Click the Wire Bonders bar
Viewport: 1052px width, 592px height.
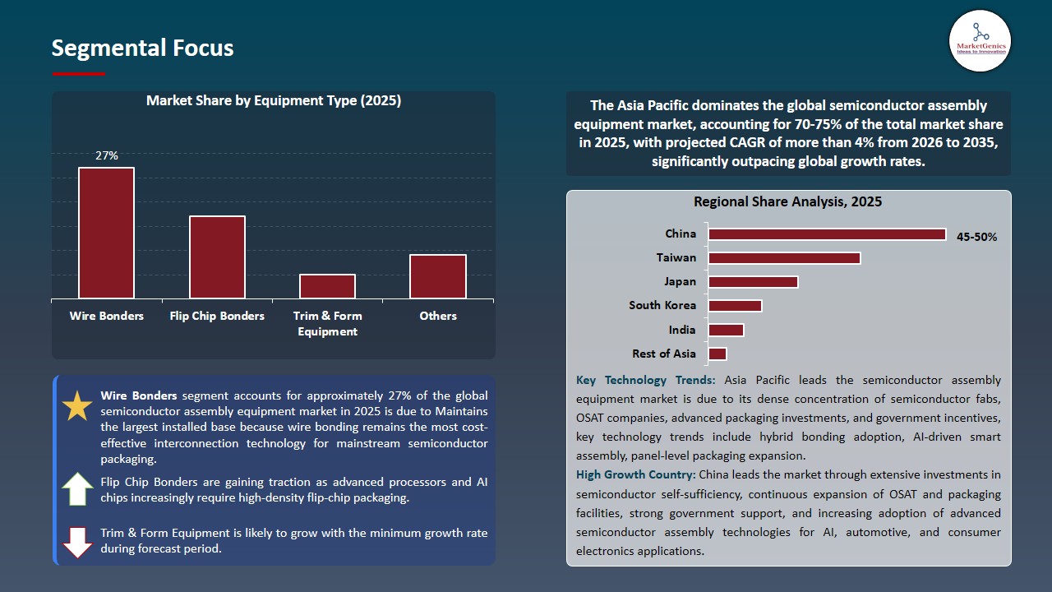coord(106,233)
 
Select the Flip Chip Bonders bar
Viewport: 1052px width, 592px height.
coord(217,257)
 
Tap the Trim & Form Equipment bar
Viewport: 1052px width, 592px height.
coord(327,287)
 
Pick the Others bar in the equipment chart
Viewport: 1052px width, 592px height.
coord(438,277)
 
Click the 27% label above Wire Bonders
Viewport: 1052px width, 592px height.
coord(107,155)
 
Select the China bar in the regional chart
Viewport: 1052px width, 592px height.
coord(827,234)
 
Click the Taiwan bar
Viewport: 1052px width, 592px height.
coord(784,258)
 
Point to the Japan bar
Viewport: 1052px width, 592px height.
coord(753,282)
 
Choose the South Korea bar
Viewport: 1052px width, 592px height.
coord(735,306)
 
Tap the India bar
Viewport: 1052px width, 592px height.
coord(726,331)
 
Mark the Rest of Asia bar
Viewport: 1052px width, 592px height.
coord(717,354)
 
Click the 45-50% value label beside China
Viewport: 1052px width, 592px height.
coord(977,237)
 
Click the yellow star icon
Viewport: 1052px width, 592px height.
coord(77,406)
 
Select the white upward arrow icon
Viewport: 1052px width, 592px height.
coord(77,489)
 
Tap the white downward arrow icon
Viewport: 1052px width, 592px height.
coord(77,542)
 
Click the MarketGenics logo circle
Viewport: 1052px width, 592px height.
coord(980,41)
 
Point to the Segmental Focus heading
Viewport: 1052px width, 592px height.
coord(142,48)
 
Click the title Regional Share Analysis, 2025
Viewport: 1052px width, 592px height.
coord(787,202)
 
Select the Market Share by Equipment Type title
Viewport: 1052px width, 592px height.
coord(274,101)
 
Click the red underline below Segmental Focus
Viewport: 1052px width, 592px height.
coord(78,74)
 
